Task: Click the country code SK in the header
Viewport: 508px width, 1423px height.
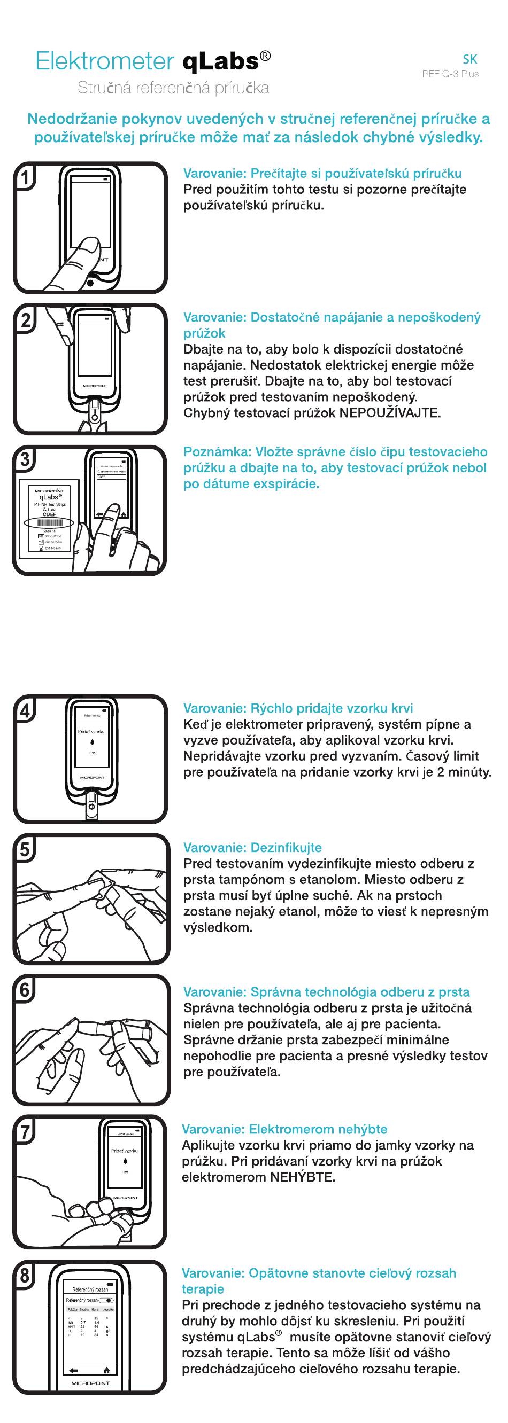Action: coord(469,60)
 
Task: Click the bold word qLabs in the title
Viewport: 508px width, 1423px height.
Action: coord(220,61)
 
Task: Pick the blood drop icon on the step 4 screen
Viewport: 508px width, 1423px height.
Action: coord(92,742)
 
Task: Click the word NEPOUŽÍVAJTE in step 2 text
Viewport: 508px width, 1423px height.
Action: coord(389,413)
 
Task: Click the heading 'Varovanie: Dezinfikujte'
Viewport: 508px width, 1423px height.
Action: coord(252,847)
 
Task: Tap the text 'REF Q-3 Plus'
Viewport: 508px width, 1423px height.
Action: coord(450,74)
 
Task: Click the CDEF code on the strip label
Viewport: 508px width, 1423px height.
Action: coord(49,514)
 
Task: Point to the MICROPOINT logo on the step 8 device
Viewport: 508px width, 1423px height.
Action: coord(90,1383)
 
